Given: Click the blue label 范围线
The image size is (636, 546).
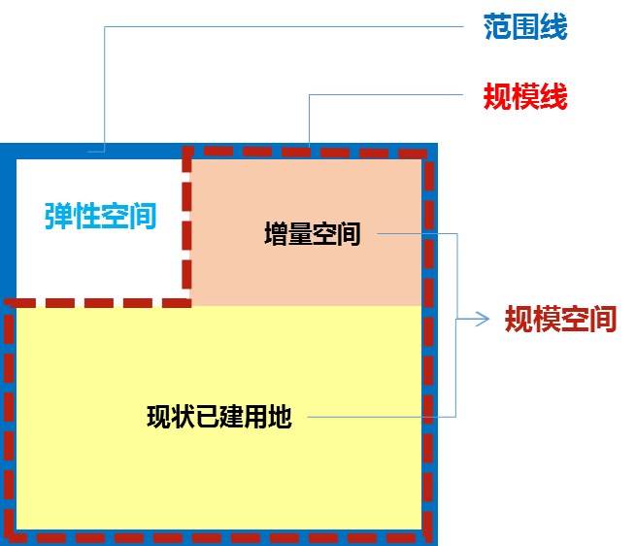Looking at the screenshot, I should (x=525, y=27).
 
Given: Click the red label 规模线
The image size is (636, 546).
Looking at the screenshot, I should (x=525, y=96).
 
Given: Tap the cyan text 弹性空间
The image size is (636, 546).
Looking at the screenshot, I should (x=100, y=216).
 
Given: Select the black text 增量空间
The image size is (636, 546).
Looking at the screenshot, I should (x=312, y=234).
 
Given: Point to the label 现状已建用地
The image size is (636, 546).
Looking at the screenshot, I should (x=218, y=417).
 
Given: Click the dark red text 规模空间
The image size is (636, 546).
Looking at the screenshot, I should (x=560, y=319).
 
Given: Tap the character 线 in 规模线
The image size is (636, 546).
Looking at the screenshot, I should (x=553, y=96).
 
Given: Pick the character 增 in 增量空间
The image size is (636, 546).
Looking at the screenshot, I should (x=276, y=234).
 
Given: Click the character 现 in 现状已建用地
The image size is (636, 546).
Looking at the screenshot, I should (x=158, y=417).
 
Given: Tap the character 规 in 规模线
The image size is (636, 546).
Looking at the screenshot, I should (x=497, y=96).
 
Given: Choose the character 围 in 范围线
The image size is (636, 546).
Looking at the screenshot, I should (x=525, y=27).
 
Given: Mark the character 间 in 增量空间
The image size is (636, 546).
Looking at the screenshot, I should (x=349, y=234).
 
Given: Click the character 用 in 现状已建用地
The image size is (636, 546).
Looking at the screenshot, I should (x=255, y=417).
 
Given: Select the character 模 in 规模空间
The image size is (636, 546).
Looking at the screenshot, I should (x=547, y=319).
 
